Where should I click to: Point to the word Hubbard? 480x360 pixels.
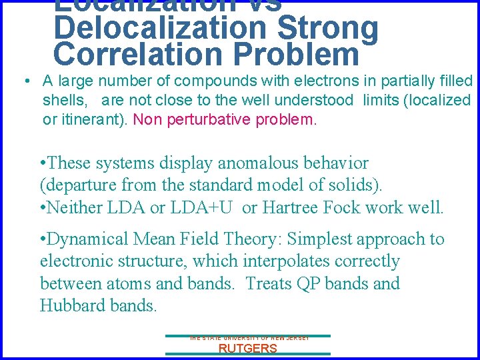pos(75,306)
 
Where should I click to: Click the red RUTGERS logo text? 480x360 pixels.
pos(247,349)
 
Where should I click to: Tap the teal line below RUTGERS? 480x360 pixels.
pos(247,355)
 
